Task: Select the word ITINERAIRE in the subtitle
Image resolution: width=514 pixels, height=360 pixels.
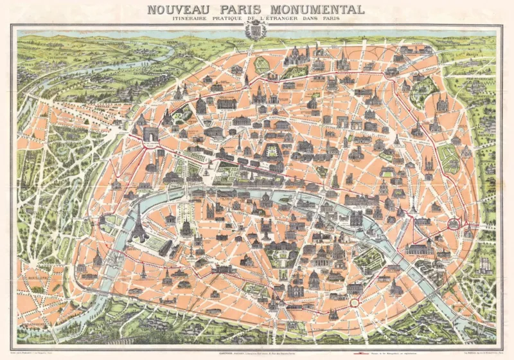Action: (x=175, y=21)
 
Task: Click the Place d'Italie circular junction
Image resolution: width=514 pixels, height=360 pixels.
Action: (x=354, y=301)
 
